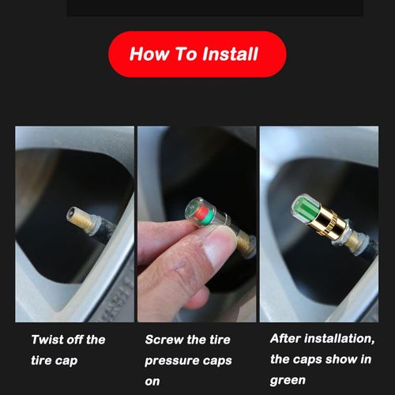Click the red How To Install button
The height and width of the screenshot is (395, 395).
click(x=197, y=55)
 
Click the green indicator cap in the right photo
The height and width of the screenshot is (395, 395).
click(x=309, y=208)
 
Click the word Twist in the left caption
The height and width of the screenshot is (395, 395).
click(x=48, y=340)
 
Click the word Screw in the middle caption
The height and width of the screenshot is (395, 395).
click(x=164, y=340)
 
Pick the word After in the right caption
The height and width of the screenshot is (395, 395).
click(x=285, y=339)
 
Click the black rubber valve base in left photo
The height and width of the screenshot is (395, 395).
click(x=107, y=230)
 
